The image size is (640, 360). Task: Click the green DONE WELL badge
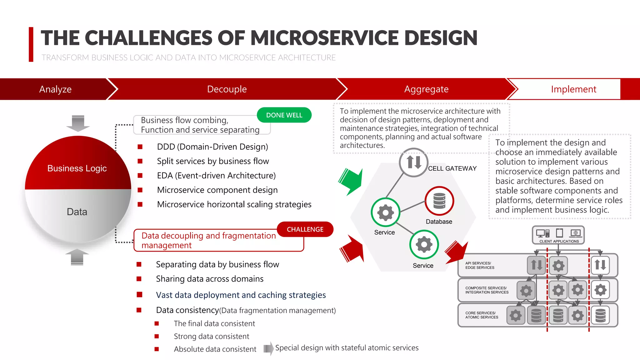pyautogui.click(x=284, y=115)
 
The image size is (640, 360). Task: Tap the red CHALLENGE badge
pyautogui.click(x=305, y=229)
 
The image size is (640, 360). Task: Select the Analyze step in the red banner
pyautogui.click(x=55, y=89)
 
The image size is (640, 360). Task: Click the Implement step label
pyautogui.click(x=573, y=89)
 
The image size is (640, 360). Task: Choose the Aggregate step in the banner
pyautogui.click(x=426, y=89)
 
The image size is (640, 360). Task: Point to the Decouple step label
pyautogui.click(x=227, y=89)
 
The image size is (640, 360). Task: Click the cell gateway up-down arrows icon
pyautogui.click(x=414, y=162)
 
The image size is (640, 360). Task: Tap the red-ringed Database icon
pyautogui.click(x=439, y=201)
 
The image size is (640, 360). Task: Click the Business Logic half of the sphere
pyautogui.click(x=77, y=168)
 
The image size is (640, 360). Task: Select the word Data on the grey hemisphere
pyautogui.click(x=77, y=212)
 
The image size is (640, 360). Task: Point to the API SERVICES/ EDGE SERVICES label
pyautogui.click(x=480, y=265)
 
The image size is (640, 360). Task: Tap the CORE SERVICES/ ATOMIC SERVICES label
pyautogui.click(x=482, y=315)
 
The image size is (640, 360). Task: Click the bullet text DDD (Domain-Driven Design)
pyautogui.click(x=212, y=147)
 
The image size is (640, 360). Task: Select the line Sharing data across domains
pyautogui.click(x=210, y=279)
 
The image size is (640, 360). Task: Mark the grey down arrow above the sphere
pyautogui.click(x=78, y=123)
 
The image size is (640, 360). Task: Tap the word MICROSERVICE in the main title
pyautogui.click(x=324, y=38)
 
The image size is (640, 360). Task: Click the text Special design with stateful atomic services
pyautogui.click(x=347, y=348)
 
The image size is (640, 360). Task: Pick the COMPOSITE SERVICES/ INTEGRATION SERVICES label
pyautogui.click(x=487, y=290)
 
